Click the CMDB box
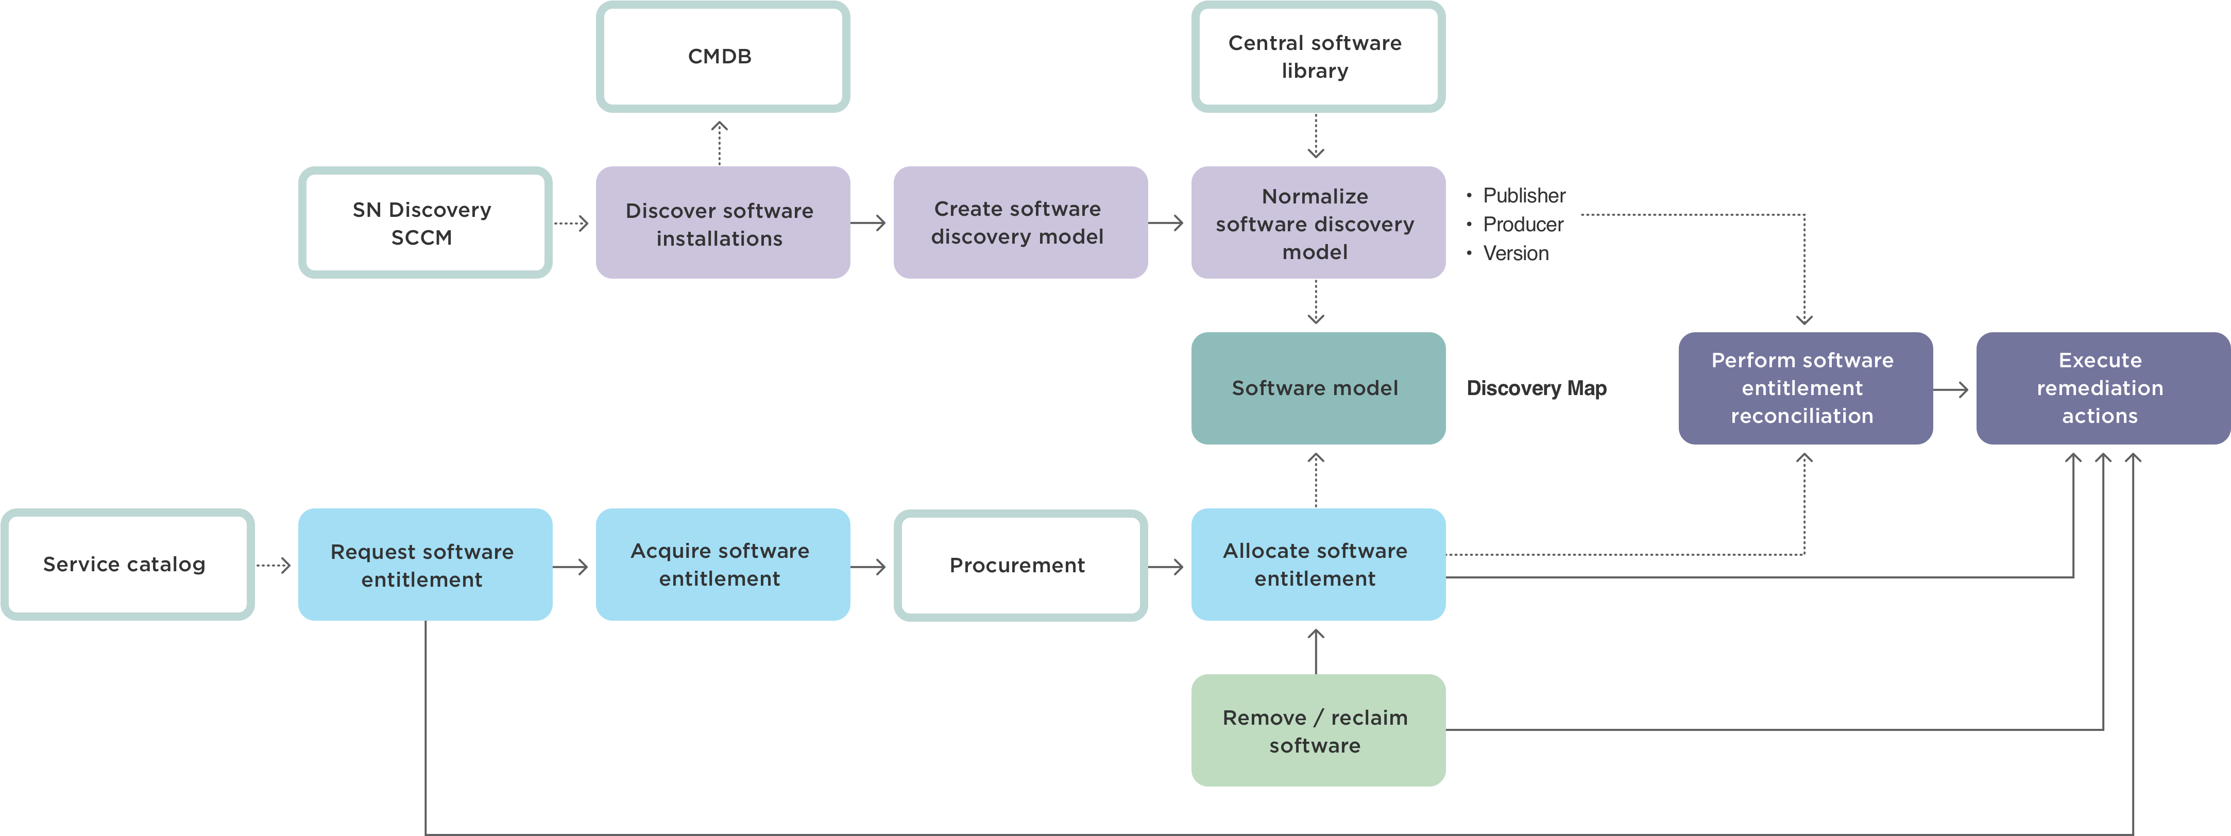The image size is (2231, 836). coord(722,56)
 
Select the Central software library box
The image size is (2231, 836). coord(1317,56)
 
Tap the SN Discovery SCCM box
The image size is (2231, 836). coord(424,223)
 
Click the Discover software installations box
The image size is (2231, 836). coord(722,223)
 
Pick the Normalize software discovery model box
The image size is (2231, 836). coord(1317,223)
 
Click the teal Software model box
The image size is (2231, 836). coord(1317,388)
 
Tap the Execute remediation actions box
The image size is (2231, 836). coord(2102,388)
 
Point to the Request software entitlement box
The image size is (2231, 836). coord(424,565)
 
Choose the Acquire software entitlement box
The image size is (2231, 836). coord(722,565)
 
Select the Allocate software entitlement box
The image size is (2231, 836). coord(1317,565)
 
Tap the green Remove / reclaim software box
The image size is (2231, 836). coord(1317,730)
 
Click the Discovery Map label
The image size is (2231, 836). coord(1537,388)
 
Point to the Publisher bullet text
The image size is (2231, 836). coord(1523,196)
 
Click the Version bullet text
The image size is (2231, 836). coord(1515,253)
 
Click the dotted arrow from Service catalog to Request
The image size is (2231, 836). coord(274,566)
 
